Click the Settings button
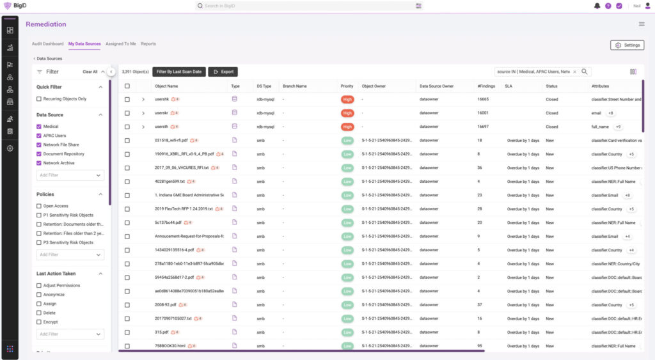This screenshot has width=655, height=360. point(627,45)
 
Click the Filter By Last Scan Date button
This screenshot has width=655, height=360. point(179,72)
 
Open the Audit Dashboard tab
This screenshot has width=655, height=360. point(48,44)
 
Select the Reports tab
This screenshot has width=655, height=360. point(148,44)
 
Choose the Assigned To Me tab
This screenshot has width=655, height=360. point(121,44)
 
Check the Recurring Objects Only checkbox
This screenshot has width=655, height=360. point(39,99)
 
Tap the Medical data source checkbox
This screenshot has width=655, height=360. point(39,127)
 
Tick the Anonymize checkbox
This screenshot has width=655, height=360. point(39,295)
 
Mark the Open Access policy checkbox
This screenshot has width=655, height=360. point(39,206)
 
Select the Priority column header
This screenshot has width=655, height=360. point(347,86)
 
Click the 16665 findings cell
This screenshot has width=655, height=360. point(483,100)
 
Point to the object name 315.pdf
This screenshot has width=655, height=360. point(161,333)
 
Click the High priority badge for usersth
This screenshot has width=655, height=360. point(347,127)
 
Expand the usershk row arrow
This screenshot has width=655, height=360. point(143,100)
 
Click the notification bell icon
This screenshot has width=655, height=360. point(597,6)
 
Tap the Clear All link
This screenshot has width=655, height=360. point(90,72)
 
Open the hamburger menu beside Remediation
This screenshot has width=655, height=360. point(642,24)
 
